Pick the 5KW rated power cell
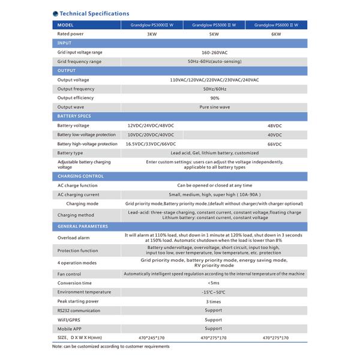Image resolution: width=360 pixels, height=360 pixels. pos(214,34)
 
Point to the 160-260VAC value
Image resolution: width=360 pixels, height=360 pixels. pos(214,52)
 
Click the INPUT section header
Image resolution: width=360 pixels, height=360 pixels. pos(64,43)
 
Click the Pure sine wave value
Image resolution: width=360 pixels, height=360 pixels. pos(214,107)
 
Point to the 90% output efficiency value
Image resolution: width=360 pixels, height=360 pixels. pos(214,98)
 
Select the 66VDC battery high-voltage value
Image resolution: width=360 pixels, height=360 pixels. pos(274,144)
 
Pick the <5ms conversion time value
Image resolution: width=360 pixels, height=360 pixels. pos(214,283)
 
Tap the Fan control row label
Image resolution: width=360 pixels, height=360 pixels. pos(69,274)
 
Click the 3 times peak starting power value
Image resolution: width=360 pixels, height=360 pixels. pos(214,301)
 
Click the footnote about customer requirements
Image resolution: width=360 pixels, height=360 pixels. pos(111,346)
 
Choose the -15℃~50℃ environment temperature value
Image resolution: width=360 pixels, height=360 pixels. pos(214,292)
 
